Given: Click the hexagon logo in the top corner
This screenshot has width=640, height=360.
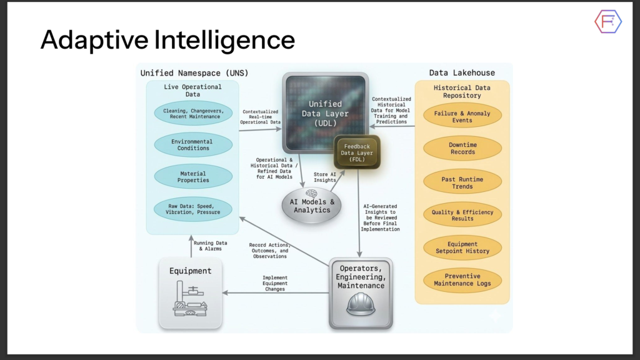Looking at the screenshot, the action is pyautogui.click(x=608, y=22).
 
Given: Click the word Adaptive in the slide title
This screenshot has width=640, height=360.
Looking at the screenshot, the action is pyautogui.click(x=94, y=40).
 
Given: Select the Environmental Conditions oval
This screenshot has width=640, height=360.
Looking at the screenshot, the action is pyautogui.click(x=193, y=145).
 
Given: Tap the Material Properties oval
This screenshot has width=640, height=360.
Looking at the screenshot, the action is pyautogui.click(x=193, y=177).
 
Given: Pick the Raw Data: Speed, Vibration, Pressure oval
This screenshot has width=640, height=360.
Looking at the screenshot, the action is pyautogui.click(x=193, y=209).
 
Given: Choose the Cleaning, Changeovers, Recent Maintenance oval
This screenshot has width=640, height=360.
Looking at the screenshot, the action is pyautogui.click(x=193, y=114).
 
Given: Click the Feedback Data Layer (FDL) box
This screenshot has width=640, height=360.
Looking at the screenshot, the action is pyautogui.click(x=357, y=152).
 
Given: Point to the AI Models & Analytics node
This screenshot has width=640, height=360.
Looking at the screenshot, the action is pyautogui.click(x=312, y=206).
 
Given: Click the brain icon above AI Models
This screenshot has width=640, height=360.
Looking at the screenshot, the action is pyautogui.click(x=311, y=193).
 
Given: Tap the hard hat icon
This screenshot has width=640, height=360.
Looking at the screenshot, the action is pyautogui.click(x=361, y=305).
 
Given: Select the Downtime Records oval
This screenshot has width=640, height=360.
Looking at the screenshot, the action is pyautogui.click(x=462, y=148).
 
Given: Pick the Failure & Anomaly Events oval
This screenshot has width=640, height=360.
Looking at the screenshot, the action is pyautogui.click(x=462, y=116).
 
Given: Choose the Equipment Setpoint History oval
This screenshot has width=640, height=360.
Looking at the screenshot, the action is pyautogui.click(x=462, y=247).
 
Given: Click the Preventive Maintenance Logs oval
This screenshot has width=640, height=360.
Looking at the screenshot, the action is pyautogui.click(x=462, y=279).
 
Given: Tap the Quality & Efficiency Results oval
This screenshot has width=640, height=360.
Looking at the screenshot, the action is pyautogui.click(x=462, y=215).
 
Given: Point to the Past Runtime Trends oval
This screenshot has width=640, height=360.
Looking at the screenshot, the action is pyautogui.click(x=462, y=182).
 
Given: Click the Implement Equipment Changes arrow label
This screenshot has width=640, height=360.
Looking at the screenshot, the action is pyautogui.click(x=275, y=283).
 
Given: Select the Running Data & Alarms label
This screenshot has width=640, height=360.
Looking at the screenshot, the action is pyautogui.click(x=210, y=246).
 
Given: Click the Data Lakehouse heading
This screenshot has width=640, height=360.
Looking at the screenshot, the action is pyautogui.click(x=462, y=72).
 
